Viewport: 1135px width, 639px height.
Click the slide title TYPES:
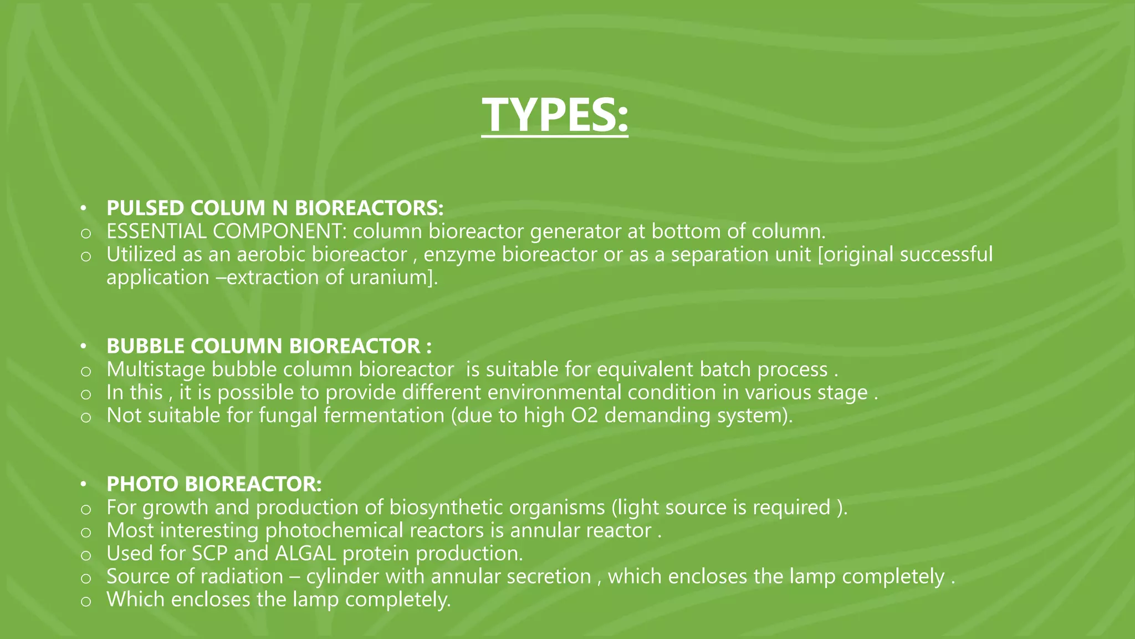[555, 115]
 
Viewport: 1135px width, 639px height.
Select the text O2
[584, 415]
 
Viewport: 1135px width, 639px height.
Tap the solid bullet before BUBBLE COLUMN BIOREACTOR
[84, 347]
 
